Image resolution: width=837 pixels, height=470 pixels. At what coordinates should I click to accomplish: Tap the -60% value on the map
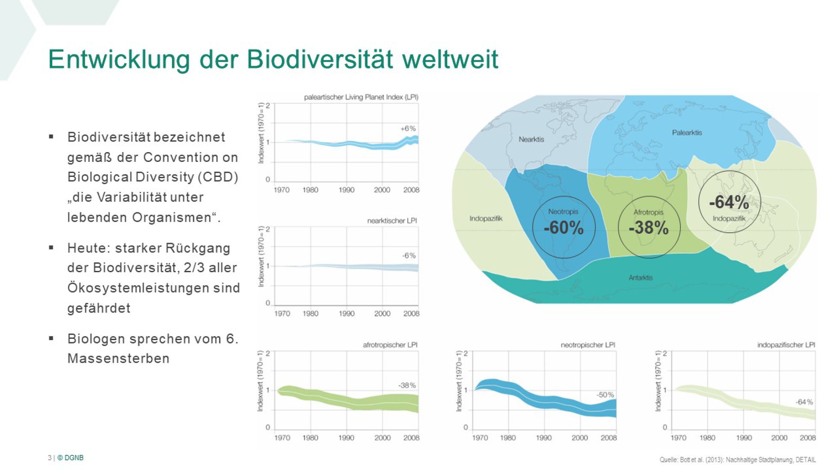pyautogui.click(x=564, y=227)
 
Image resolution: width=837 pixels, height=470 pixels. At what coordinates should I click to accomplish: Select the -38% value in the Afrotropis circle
pyautogui.click(x=649, y=227)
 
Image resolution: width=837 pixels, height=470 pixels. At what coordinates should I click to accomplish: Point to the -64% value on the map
pyautogui.click(x=729, y=202)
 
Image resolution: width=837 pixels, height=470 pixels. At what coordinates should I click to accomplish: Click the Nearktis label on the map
pyautogui.click(x=531, y=139)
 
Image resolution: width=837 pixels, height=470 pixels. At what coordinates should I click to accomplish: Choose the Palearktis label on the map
pyautogui.click(x=687, y=132)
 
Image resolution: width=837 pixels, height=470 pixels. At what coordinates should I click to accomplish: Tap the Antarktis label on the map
pyautogui.click(x=641, y=278)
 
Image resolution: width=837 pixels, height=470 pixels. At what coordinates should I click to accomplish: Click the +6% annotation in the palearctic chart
pyautogui.click(x=408, y=128)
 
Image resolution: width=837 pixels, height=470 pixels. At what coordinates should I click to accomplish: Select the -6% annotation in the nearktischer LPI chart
pyautogui.click(x=409, y=256)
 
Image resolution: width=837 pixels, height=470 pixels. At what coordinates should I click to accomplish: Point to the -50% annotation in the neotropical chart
pyautogui.click(x=605, y=395)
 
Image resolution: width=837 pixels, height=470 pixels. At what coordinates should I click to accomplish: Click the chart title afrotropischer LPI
pyautogui.click(x=390, y=345)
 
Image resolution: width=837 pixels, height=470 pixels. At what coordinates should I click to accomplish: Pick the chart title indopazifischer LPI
pyautogui.click(x=786, y=345)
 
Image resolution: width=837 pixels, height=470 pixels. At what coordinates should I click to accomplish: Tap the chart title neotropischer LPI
pyautogui.click(x=588, y=345)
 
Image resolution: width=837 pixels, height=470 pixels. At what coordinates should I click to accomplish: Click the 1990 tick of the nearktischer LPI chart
pyautogui.click(x=347, y=314)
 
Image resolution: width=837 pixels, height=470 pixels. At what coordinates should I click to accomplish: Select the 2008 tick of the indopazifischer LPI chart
pyautogui.click(x=807, y=438)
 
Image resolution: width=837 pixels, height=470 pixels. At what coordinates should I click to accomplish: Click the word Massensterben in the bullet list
pyautogui.click(x=119, y=358)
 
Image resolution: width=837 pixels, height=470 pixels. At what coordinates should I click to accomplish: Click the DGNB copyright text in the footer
pyautogui.click(x=71, y=458)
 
